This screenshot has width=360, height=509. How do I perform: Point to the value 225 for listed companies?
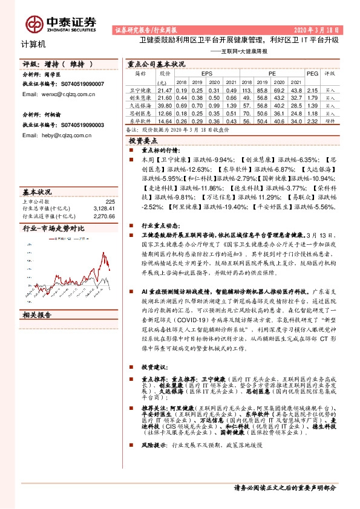tap(110, 201)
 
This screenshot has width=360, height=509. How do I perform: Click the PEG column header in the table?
tap(312, 73)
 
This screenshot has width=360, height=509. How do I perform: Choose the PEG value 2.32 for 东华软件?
tap(312, 120)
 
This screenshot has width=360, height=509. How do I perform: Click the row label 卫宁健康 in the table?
tap(140, 89)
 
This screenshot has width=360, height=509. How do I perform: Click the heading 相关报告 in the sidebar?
tap(38, 316)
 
